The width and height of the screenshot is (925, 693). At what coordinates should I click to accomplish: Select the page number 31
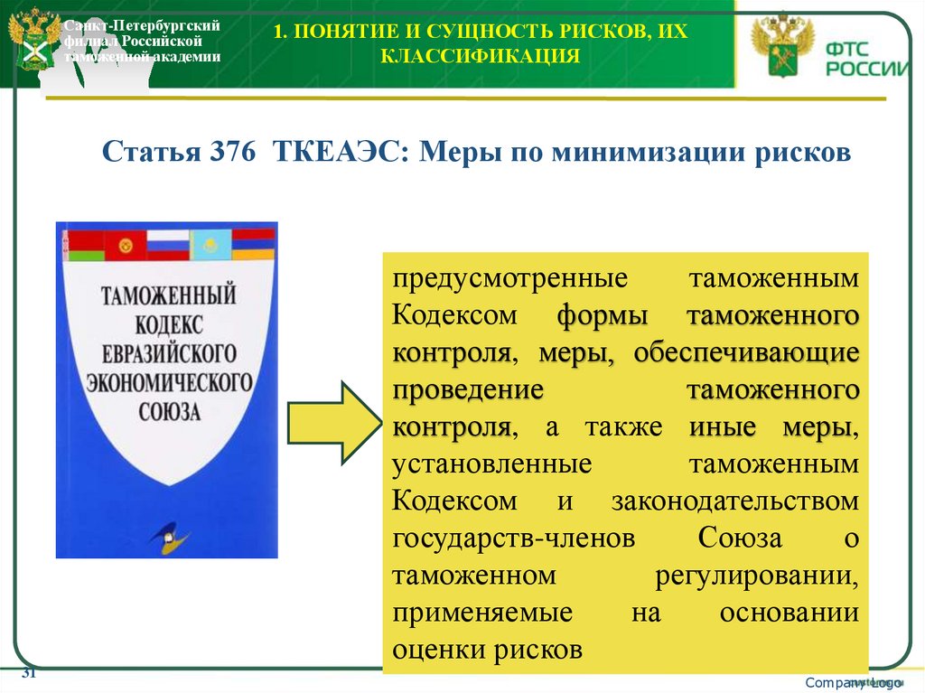[28, 674]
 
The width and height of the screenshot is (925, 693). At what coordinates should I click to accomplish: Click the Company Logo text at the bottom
[854, 681]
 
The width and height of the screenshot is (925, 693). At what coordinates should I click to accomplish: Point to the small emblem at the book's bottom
[169, 533]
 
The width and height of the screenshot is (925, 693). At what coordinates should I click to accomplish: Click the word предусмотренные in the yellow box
[484, 278]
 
